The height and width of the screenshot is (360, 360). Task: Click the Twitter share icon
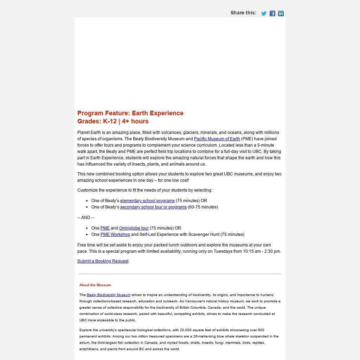coord(264,13)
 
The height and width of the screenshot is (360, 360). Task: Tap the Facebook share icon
coord(272,13)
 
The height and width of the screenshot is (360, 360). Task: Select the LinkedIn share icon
coord(281,13)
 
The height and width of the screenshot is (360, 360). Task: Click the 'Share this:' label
coord(243,13)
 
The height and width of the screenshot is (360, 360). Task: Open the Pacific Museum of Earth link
coord(217,139)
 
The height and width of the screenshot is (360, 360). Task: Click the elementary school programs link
coord(147,201)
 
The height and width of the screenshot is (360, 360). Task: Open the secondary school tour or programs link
coord(153,207)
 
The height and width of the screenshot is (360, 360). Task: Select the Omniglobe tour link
coord(134,228)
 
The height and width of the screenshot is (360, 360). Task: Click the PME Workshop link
coord(115,234)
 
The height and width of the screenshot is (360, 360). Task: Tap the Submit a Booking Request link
coord(103,261)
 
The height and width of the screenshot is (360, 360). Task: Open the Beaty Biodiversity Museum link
coord(108,295)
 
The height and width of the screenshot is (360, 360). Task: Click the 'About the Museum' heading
coord(95,285)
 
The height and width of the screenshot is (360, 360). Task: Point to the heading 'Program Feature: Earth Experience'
coord(130,113)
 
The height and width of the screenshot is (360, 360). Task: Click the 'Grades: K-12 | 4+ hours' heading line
coord(113,121)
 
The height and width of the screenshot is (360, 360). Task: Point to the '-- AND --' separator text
coord(86,218)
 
